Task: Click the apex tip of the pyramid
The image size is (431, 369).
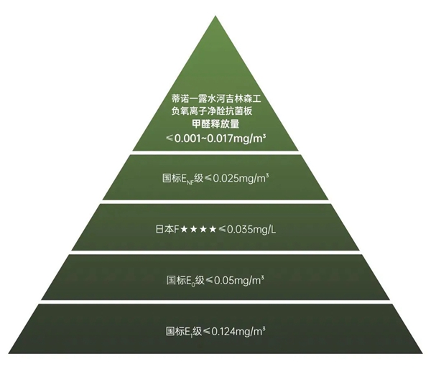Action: (215, 16)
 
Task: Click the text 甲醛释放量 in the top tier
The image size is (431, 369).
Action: (215, 124)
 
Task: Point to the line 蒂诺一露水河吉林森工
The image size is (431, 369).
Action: (215, 98)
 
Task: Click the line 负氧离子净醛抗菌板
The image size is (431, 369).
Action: (211, 111)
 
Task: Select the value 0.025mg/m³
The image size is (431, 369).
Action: (241, 178)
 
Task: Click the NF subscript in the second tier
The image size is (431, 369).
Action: (190, 182)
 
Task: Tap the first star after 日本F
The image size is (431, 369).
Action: (184, 229)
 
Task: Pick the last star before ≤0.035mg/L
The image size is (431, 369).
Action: (213, 229)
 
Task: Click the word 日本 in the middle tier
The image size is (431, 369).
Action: (164, 229)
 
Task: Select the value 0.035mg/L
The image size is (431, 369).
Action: (251, 229)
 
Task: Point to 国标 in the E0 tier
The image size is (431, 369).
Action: (176, 280)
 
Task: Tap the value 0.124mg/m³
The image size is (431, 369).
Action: (238, 332)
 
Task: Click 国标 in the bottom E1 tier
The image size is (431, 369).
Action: (175, 332)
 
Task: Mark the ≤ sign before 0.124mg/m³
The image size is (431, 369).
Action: (207, 332)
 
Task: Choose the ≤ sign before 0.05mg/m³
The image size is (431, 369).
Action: (209, 281)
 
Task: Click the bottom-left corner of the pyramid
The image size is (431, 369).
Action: (8, 353)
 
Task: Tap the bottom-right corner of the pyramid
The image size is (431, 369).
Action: (423, 353)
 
